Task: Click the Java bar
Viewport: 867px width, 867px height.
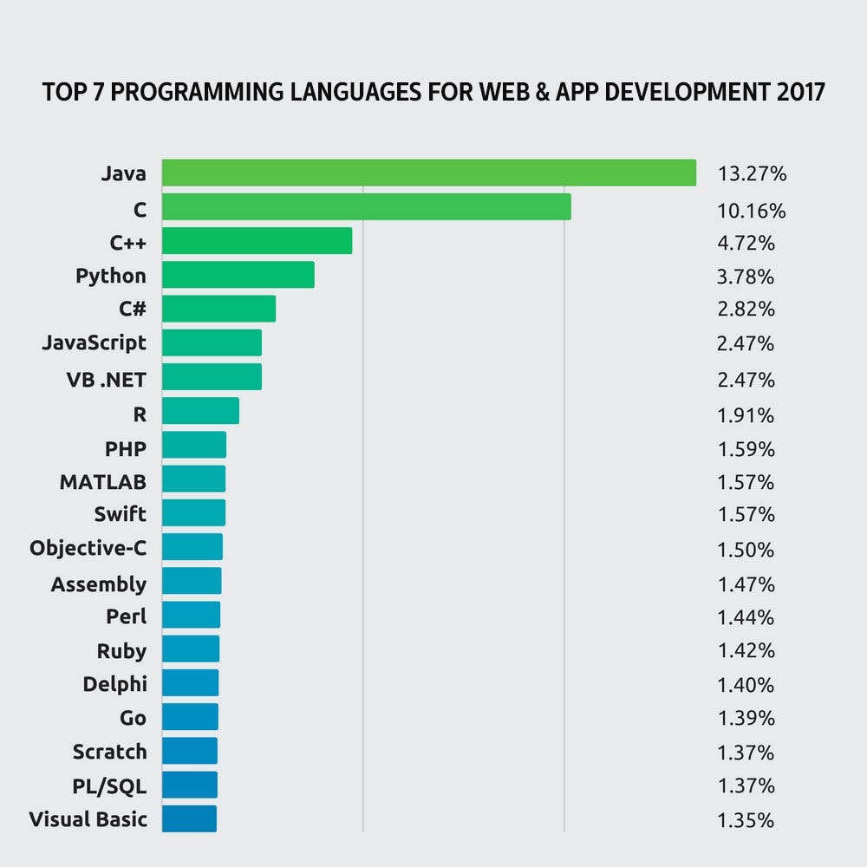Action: [429, 173]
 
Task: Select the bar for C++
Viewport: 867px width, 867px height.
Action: [257, 241]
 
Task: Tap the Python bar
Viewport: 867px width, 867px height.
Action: [238, 275]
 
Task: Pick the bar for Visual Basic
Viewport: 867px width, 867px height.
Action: [189, 818]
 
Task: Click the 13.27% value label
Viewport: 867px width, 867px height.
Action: [752, 174]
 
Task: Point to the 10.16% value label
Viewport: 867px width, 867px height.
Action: [752, 211]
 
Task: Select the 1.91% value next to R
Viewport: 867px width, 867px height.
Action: [746, 415]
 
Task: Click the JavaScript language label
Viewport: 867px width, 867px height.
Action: [95, 342]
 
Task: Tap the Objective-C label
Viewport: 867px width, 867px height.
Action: [88, 548]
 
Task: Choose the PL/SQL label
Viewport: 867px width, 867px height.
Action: [109, 786]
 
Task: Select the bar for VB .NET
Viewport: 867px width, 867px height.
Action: [212, 376]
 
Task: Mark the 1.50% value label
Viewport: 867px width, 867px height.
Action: [746, 550]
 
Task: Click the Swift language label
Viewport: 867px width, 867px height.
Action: [120, 514]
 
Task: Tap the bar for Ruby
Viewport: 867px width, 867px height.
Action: [191, 649]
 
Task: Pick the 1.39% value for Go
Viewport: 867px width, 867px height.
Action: [746, 719]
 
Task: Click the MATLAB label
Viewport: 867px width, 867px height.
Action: [102, 481]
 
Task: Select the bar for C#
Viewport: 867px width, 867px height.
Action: [218, 309]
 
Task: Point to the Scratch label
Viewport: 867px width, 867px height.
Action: [109, 752]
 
